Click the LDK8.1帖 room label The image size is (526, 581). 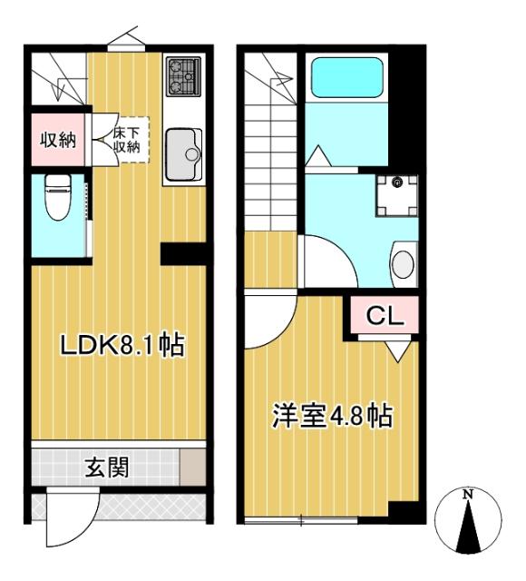[122, 345]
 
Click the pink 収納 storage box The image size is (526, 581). [57, 140]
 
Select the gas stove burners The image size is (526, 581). [184, 75]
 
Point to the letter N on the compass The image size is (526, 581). [468, 496]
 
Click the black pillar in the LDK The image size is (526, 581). [184, 253]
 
